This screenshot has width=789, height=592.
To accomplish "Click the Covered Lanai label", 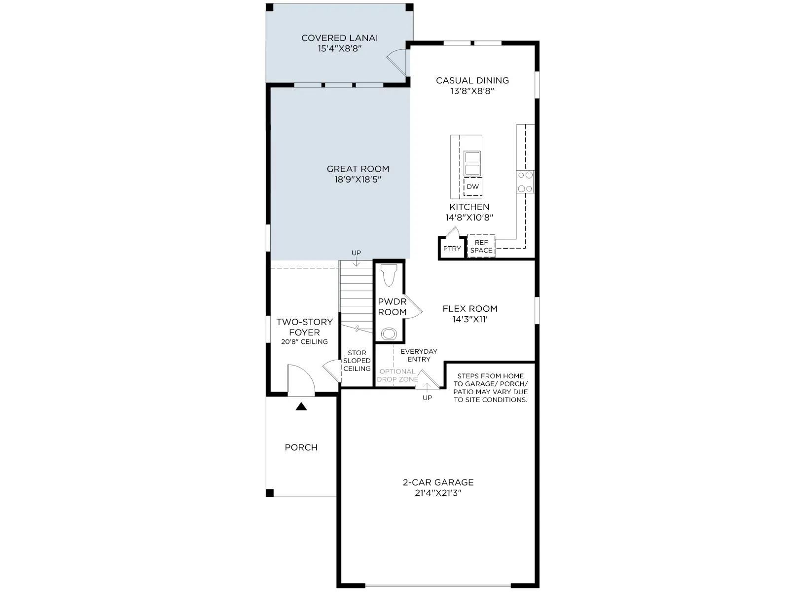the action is pyautogui.click(x=339, y=38).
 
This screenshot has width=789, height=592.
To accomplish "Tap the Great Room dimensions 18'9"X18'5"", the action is pyautogui.click(x=358, y=180).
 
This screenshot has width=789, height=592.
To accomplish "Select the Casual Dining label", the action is pyautogui.click(x=472, y=80).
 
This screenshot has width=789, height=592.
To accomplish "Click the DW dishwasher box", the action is pyautogui.click(x=473, y=186).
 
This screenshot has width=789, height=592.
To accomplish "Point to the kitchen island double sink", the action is pyautogui.click(x=472, y=164).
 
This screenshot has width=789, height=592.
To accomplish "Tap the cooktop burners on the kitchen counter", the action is pyautogui.click(x=525, y=182).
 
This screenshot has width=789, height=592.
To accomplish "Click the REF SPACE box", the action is pyautogui.click(x=481, y=246).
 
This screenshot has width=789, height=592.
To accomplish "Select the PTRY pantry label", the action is pyautogui.click(x=452, y=248).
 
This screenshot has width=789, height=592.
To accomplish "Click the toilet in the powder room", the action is pyautogui.click(x=389, y=275).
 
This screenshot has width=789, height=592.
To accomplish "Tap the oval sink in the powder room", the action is pyautogui.click(x=388, y=334).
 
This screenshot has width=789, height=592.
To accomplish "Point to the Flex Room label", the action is pyautogui.click(x=470, y=309).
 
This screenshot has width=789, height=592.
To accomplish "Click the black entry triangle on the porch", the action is pyautogui.click(x=301, y=407).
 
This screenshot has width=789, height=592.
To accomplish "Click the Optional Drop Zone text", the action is pyautogui.click(x=397, y=375).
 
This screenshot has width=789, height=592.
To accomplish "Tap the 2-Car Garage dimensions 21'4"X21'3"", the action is pyautogui.click(x=438, y=493).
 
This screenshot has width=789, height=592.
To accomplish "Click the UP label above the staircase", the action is pyautogui.click(x=356, y=253).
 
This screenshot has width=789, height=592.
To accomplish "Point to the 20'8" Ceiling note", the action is pyautogui.click(x=304, y=342).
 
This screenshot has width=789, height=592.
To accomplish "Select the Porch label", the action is pyautogui.click(x=301, y=447).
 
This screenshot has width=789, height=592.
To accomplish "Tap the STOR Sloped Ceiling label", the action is pyautogui.click(x=357, y=361).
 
